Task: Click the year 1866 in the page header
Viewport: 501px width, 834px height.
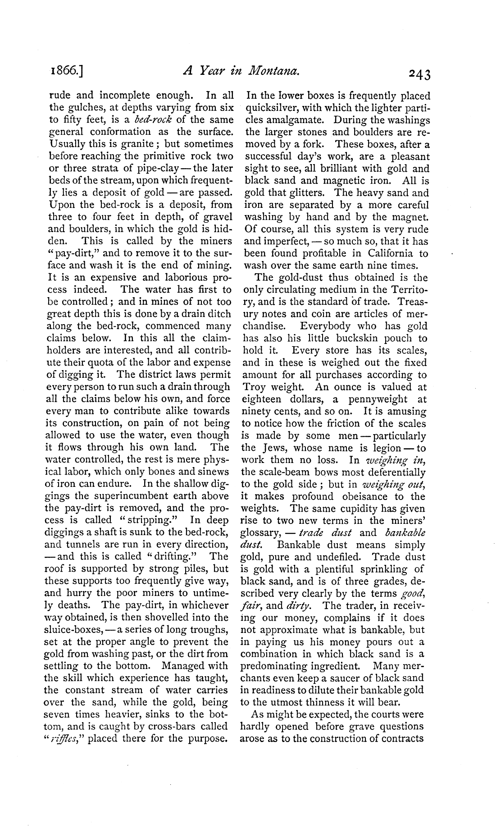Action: point(67,71)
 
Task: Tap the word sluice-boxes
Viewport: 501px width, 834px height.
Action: point(69,630)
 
